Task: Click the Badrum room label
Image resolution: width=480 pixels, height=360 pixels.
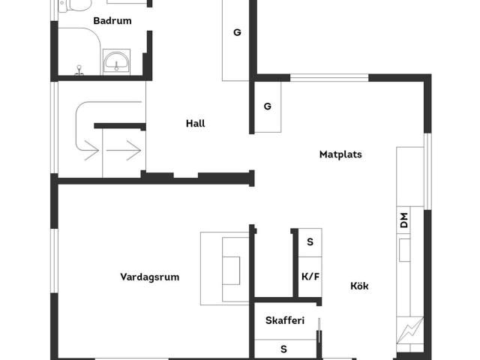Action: click(x=112, y=21)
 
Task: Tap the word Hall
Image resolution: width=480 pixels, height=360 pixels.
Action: click(x=195, y=124)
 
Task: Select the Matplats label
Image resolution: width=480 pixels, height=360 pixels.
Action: click(x=340, y=155)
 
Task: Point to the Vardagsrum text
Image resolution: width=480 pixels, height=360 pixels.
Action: click(x=150, y=277)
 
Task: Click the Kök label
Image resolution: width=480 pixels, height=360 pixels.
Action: click(x=359, y=286)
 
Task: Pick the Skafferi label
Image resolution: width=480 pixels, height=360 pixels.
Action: click(x=285, y=321)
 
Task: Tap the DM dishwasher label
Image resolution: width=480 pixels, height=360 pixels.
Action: click(x=404, y=220)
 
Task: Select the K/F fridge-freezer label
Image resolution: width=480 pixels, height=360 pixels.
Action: click(x=310, y=277)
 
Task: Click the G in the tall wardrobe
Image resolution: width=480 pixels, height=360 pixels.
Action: click(x=237, y=32)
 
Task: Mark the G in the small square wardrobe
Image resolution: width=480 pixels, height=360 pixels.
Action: click(x=267, y=106)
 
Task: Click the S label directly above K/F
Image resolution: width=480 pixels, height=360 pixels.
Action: click(x=310, y=242)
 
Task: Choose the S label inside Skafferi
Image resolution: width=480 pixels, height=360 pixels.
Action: click(x=283, y=349)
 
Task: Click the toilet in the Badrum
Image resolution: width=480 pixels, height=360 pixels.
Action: click(x=73, y=7)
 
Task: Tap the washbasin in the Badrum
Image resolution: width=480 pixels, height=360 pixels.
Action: click(x=116, y=62)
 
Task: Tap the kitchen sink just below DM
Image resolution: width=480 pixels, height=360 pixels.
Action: click(x=405, y=250)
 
